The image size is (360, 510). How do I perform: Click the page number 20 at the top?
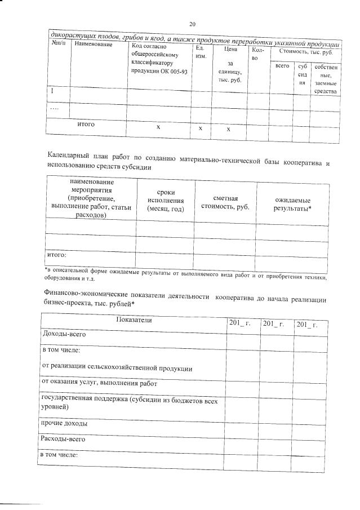pos(192,24)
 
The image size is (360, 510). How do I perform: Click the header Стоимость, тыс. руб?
pos(306,52)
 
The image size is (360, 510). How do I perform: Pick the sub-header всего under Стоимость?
pos(282,67)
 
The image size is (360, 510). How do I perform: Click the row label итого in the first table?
pos(86,125)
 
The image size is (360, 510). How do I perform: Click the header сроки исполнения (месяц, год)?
pos(165,200)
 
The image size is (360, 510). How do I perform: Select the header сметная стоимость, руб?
pos(225,201)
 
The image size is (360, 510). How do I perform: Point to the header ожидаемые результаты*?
pos(293,205)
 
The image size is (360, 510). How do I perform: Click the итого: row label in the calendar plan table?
pos(56,254)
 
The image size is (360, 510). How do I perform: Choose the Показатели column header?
pos(134,320)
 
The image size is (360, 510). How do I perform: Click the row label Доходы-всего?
pos(64,334)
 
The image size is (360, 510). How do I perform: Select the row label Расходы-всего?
pos(63,438)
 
